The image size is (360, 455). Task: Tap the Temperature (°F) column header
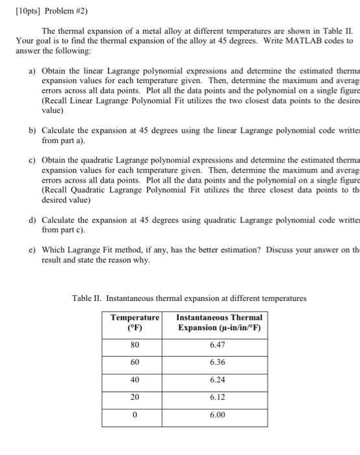(x=135, y=322)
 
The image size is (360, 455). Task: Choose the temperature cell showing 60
(x=134, y=361)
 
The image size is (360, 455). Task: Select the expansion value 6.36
(x=218, y=361)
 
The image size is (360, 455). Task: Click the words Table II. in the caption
(x=88, y=298)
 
